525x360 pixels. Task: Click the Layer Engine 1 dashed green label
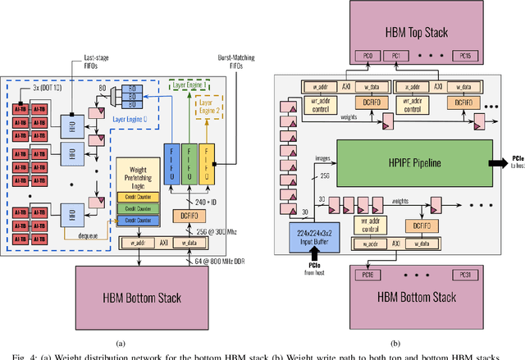(x=189, y=84)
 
